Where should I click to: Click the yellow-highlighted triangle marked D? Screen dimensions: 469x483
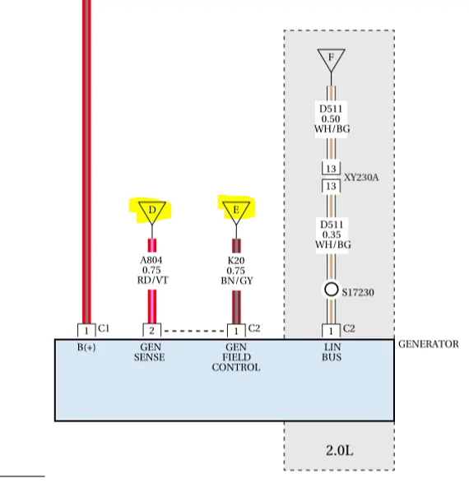point(152,212)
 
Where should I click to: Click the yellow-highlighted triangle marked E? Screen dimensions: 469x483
point(236,212)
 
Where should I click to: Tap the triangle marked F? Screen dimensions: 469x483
point(331,59)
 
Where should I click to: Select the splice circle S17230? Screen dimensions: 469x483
point(331,290)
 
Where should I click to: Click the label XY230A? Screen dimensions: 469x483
point(361,178)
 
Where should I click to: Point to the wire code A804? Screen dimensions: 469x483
point(151,260)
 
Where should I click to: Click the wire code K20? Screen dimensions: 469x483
point(236,261)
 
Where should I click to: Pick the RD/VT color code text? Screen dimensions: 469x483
point(153,281)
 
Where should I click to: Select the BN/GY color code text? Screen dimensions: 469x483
point(237,281)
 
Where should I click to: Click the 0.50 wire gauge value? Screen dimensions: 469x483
point(331,119)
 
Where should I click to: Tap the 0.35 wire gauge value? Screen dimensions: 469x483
point(332,235)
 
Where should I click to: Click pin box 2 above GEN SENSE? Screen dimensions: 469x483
point(152,331)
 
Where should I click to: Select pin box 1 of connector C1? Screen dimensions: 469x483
point(86,331)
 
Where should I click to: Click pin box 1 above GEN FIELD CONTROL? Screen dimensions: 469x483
point(236,331)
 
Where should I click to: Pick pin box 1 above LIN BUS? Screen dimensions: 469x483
point(331,331)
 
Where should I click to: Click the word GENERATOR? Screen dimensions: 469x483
point(429,344)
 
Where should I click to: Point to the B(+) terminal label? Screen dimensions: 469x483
point(86,347)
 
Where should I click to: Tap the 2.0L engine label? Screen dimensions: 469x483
point(339,450)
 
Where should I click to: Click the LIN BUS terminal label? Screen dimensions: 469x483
point(332,352)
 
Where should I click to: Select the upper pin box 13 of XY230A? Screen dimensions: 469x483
point(331,168)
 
